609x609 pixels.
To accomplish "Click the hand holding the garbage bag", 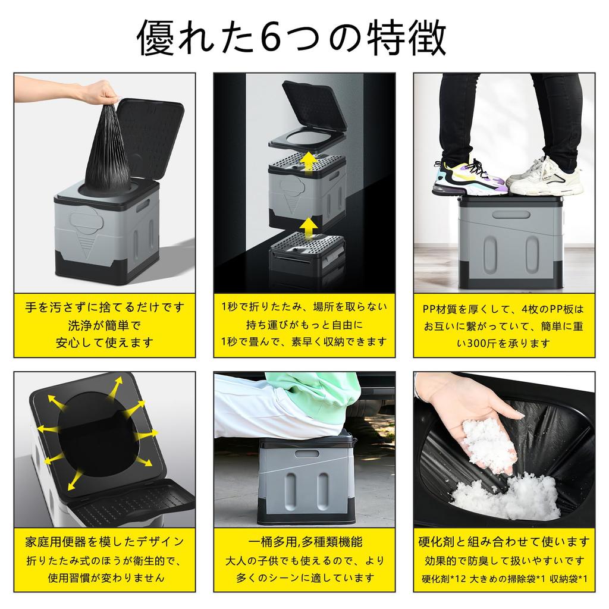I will [x=101, y=92].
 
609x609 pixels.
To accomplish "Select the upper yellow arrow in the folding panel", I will [x=307, y=160].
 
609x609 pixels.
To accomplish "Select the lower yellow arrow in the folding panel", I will [x=307, y=227].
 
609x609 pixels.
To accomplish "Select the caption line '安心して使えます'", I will [x=105, y=342].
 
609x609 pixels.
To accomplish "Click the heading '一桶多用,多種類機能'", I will [x=304, y=542].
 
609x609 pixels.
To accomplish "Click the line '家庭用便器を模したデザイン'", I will [x=105, y=542].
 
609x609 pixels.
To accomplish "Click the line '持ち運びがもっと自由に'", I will [x=304, y=325].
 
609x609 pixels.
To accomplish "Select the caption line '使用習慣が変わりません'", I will [x=105, y=577].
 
